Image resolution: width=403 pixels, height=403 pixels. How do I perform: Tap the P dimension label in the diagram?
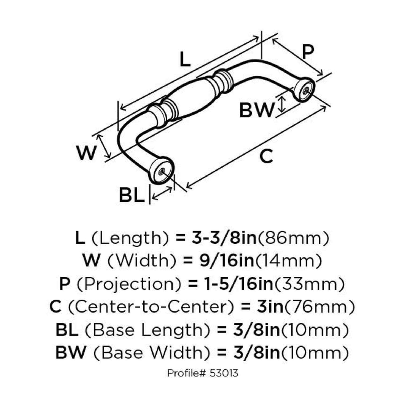(308, 52)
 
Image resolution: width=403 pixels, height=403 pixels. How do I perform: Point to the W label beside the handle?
(86, 153)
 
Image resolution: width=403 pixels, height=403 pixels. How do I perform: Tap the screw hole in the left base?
(162, 171)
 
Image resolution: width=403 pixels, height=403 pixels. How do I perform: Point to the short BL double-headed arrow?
(162, 193)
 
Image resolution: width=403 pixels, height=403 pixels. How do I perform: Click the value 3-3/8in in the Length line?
(224, 238)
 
